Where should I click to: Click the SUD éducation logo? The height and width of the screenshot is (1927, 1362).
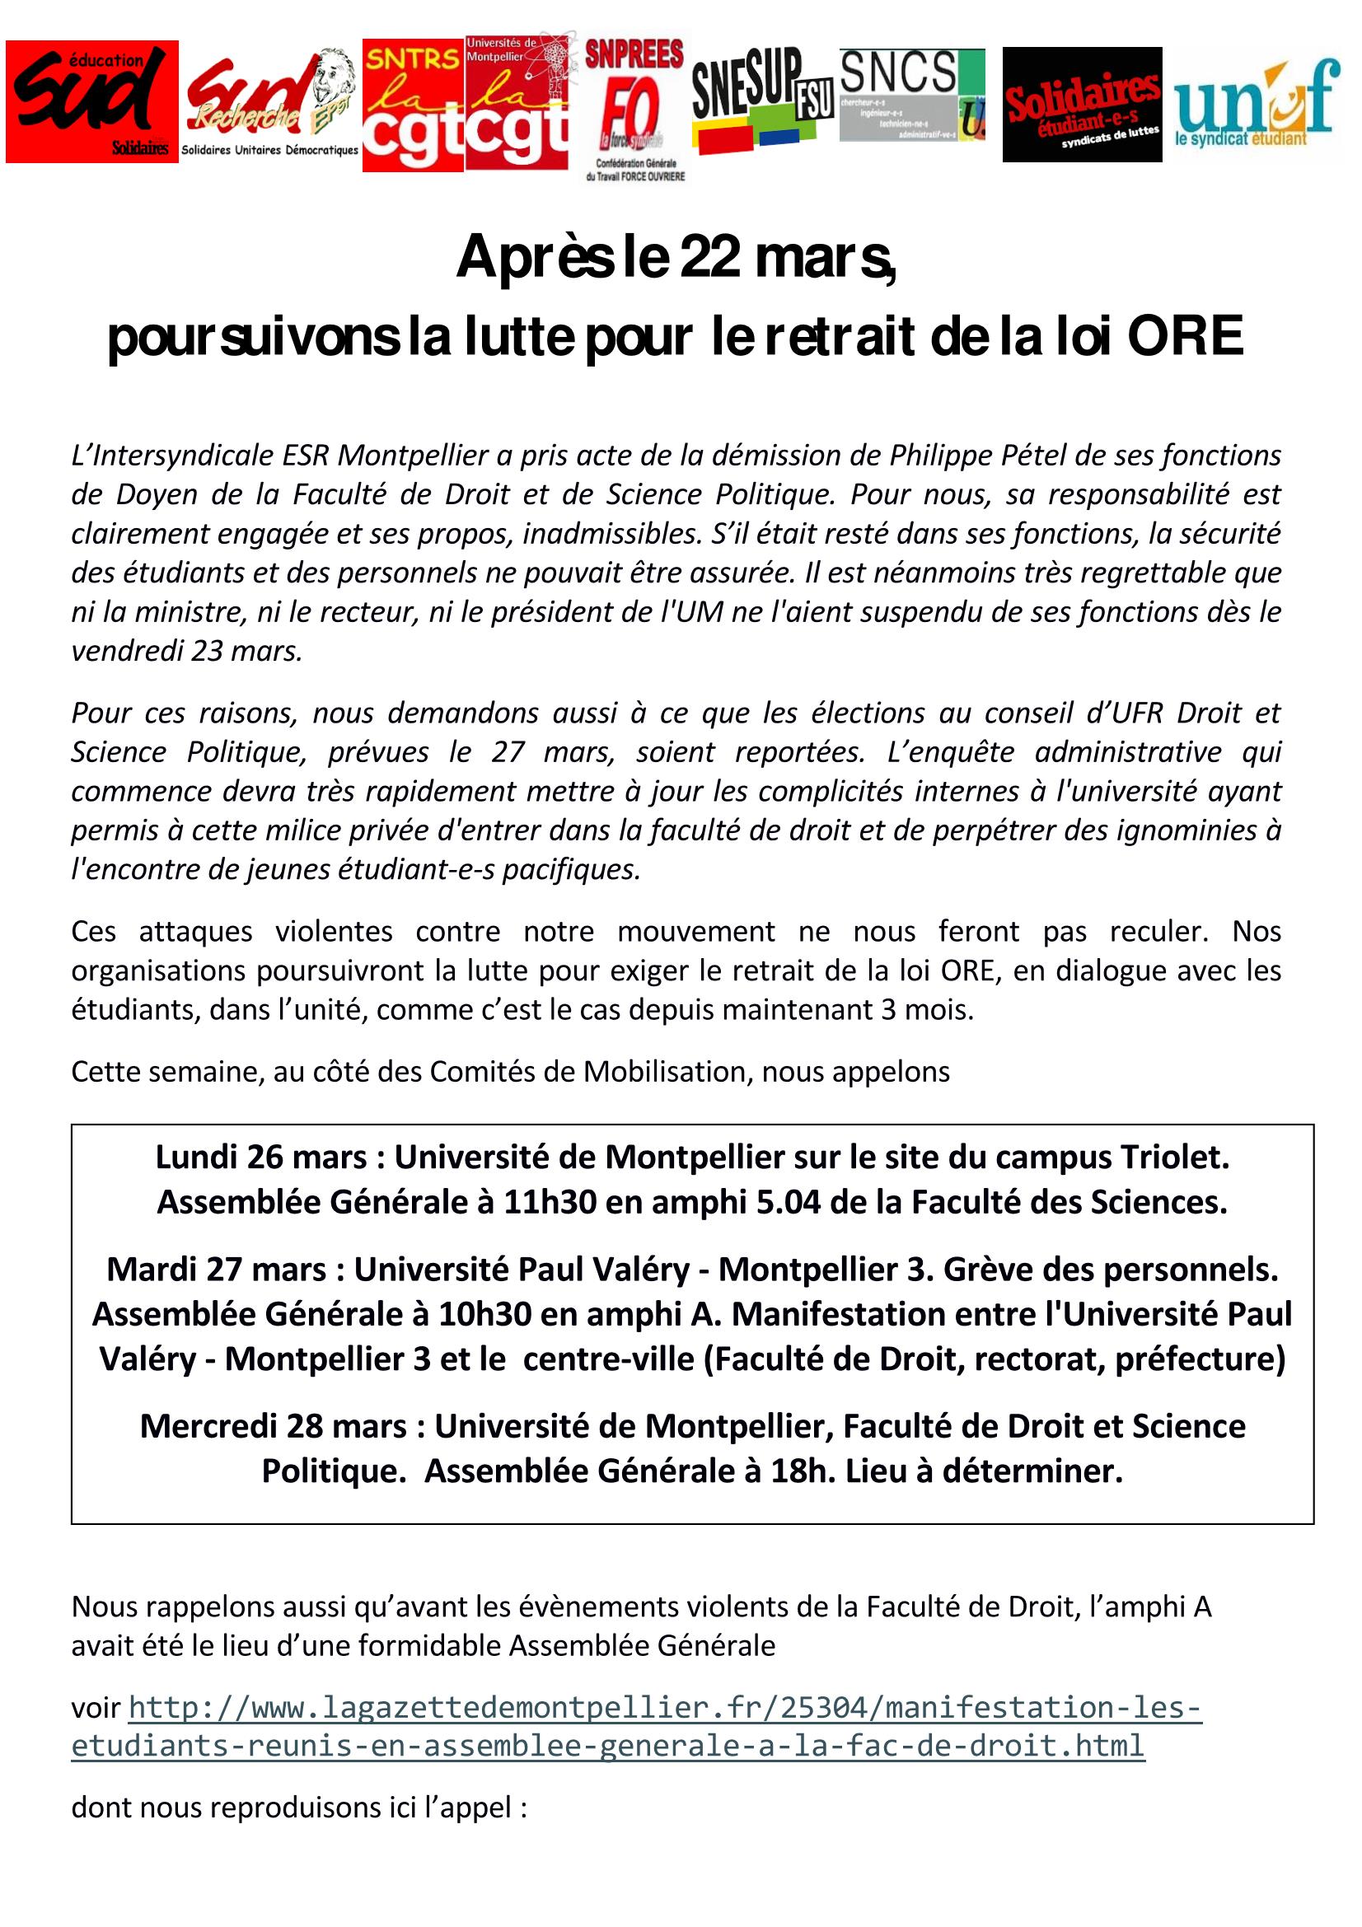[x=91, y=101]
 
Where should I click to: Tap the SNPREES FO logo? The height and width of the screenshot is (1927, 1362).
[x=634, y=109]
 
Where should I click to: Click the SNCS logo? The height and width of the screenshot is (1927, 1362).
[x=911, y=94]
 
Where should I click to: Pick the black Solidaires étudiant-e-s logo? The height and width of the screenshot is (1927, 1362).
[x=1082, y=104]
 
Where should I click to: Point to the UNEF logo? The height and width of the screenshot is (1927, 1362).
[x=1256, y=103]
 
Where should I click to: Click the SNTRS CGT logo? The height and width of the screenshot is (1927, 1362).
[x=413, y=105]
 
